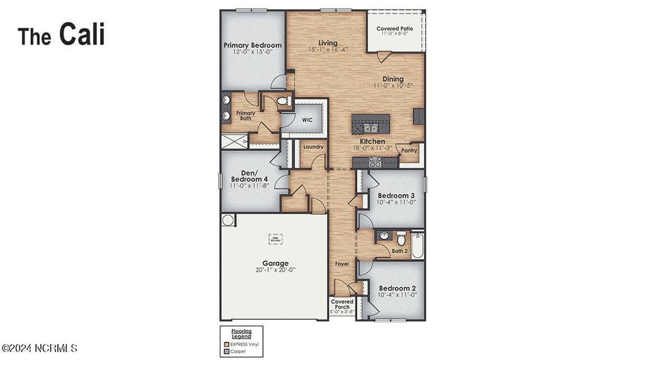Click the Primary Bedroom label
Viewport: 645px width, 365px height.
point(253,45)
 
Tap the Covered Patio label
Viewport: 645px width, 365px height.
point(394,29)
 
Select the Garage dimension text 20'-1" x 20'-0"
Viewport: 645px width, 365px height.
point(275,270)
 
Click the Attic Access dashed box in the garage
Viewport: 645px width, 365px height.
point(275,239)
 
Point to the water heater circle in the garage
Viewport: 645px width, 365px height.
point(228,220)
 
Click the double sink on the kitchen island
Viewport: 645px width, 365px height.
point(369,128)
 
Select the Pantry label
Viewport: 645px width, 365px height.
point(409,150)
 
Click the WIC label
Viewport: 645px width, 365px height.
point(307,119)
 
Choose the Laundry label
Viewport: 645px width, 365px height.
point(313,147)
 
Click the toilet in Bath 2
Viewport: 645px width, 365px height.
point(401,238)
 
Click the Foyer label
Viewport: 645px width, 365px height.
point(342,264)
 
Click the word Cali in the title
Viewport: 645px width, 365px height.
point(82,35)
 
